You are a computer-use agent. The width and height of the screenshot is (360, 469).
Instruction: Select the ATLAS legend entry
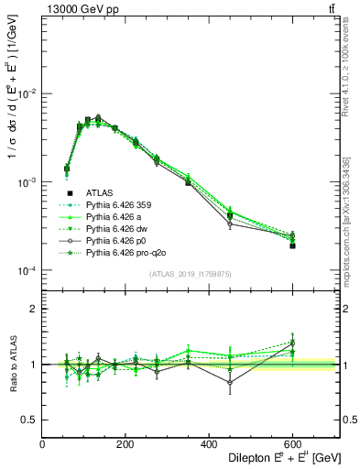(100, 193)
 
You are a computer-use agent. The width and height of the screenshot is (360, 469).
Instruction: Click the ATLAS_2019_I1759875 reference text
(191, 273)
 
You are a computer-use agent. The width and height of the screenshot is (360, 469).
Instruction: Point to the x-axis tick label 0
(42, 444)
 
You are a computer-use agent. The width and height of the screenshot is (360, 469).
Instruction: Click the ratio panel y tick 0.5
(29, 420)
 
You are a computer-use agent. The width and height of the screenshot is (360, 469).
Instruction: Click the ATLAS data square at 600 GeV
(292, 245)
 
